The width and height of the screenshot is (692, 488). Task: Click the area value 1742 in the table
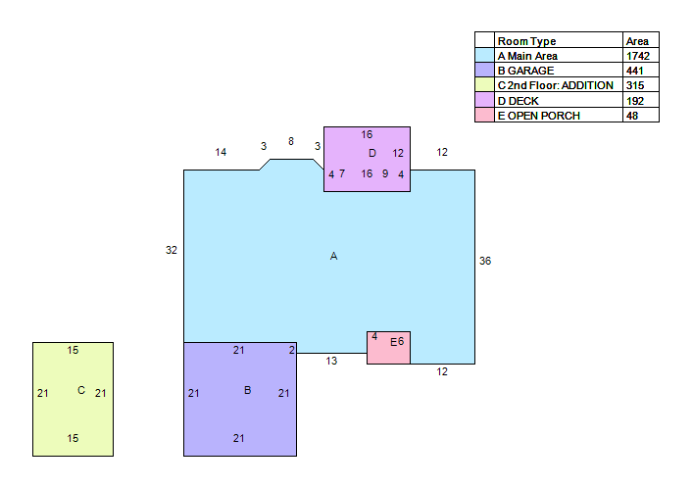tap(638, 56)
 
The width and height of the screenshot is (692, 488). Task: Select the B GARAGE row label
tap(525, 71)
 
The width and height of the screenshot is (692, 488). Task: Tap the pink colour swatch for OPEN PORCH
tap(484, 116)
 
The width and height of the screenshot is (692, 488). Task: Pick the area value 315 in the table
tap(635, 85)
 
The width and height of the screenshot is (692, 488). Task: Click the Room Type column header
tap(527, 41)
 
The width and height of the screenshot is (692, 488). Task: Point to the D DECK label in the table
tap(519, 101)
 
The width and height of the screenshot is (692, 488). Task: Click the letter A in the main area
tap(333, 256)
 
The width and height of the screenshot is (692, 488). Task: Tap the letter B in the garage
tap(248, 390)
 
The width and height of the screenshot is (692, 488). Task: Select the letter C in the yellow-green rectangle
tap(81, 390)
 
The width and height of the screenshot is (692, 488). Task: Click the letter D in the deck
tap(372, 153)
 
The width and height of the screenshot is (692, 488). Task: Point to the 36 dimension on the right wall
tap(485, 261)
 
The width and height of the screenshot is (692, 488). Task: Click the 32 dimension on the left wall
tap(172, 250)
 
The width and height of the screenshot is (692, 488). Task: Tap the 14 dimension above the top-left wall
tap(221, 152)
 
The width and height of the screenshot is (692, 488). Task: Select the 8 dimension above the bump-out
tap(291, 141)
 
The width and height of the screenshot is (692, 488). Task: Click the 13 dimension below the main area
tap(331, 361)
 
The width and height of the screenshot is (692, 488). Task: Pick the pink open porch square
tap(388, 348)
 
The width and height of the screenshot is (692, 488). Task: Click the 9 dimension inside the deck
tap(385, 173)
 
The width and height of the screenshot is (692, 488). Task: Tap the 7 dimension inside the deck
tap(342, 173)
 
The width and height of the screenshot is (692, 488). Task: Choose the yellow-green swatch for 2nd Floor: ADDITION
tap(484, 85)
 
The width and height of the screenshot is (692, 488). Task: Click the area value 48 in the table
tap(632, 116)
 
